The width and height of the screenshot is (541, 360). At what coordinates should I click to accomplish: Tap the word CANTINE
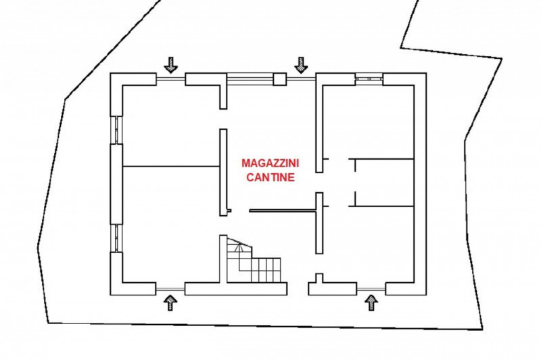[x=270, y=179]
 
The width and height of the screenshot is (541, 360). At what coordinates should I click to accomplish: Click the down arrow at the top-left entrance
[x=170, y=64]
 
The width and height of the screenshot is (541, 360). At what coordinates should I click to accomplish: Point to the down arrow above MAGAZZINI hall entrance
[x=301, y=64]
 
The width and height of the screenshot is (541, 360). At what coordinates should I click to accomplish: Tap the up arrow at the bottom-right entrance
[x=371, y=301]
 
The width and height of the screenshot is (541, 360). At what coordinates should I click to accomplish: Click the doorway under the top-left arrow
[x=170, y=80]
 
